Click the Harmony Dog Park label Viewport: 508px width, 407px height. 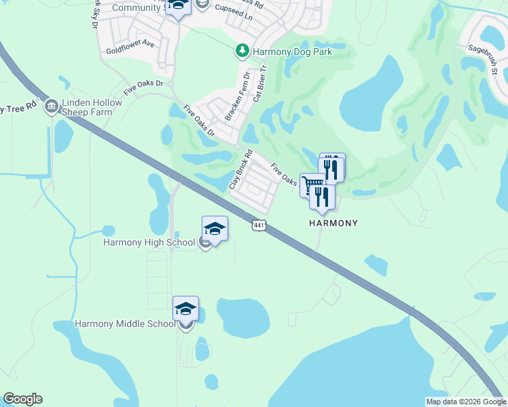click(287, 51)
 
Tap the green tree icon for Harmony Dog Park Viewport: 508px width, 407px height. click(242, 50)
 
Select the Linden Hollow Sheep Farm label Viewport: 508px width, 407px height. click(92, 106)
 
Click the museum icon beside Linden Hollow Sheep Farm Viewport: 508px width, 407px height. click(51, 106)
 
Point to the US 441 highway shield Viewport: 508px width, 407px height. click(257, 225)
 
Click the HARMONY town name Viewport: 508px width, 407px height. click(333, 222)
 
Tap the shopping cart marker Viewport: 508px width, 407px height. click(311, 185)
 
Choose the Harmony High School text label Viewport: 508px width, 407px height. click(149, 242)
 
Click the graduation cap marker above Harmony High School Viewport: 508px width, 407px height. click(215, 229)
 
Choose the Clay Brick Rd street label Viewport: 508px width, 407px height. click(240, 169)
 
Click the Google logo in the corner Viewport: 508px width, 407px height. click(22, 399)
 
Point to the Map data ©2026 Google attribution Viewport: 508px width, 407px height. click(465, 402)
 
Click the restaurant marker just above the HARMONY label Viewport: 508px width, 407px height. click(322, 197)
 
